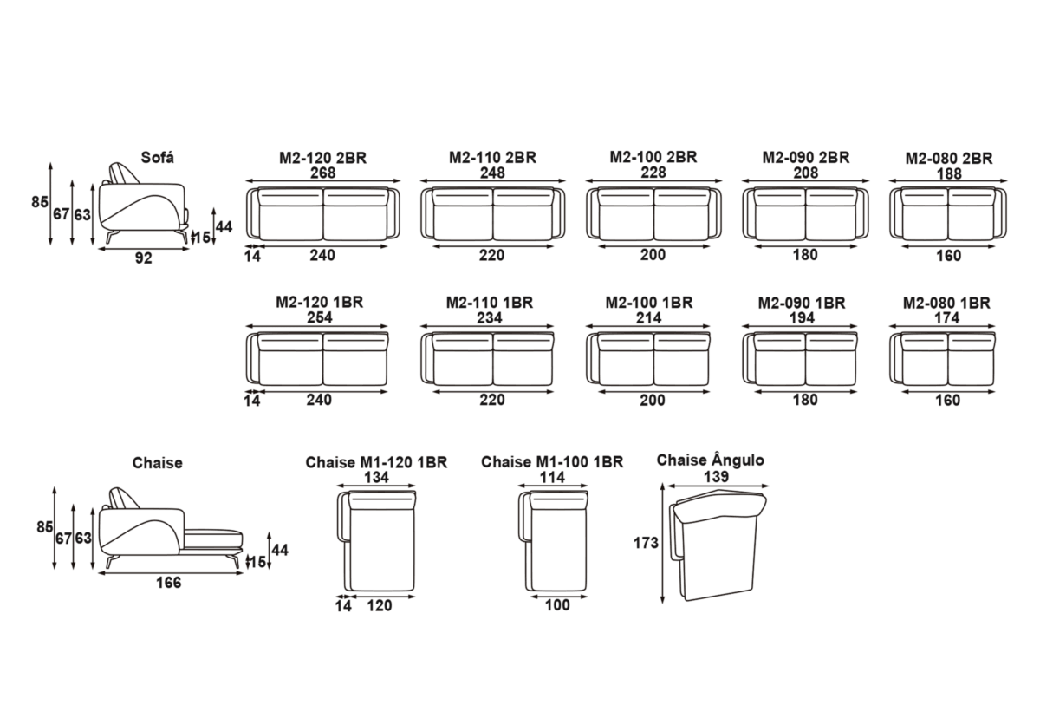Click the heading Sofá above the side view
pos(157,157)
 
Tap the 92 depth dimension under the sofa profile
pos(144,258)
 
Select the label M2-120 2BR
pos(322,158)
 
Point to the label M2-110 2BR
pos(492,158)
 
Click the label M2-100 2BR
pos(653,158)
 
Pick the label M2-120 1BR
pos(319,303)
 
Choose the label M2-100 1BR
pos(649,303)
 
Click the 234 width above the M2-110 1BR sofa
pos(489,317)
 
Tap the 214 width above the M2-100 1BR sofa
pos(649,317)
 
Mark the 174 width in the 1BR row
pos(946,317)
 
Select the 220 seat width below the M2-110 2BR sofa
pos(492,256)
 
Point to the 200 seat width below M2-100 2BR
pos(653,256)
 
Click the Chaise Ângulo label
pos(711,460)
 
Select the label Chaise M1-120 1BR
pos(376,462)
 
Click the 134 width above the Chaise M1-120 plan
pos(376,476)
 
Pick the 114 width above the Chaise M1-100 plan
pos(553,476)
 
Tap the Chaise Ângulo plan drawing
pos(719,546)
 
